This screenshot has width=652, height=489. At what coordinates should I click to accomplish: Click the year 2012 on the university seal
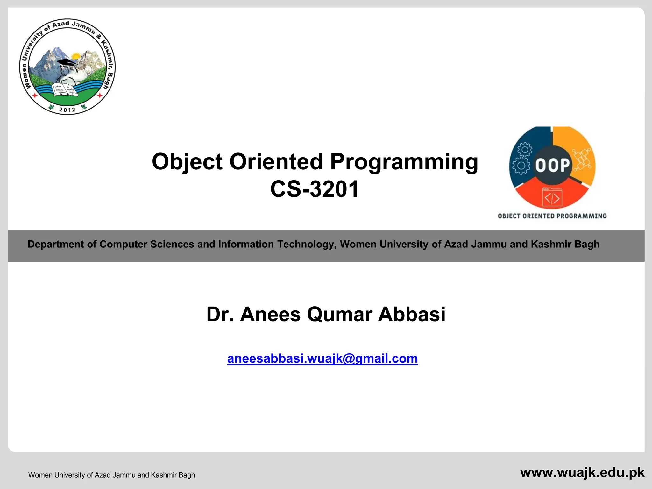(67, 110)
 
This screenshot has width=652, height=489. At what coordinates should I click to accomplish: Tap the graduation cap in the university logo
(67, 62)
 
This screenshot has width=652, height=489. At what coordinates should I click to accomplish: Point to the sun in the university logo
(76, 56)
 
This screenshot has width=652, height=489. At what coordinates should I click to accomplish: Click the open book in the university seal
(66, 90)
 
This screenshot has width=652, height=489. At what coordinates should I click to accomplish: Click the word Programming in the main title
(404, 162)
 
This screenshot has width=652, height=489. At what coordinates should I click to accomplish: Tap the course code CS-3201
(315, 189)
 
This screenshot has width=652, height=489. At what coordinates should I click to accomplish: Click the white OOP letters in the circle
(552, 166)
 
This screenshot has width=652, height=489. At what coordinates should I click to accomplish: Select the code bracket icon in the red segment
(552, 197)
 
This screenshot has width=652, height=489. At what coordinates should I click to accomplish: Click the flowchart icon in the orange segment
(582, 159)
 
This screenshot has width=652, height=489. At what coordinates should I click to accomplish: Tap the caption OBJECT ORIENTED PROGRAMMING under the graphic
(552, 216)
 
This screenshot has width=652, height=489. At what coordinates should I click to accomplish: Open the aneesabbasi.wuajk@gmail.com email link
(322, 359)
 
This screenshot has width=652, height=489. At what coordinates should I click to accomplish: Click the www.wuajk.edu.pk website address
(582, 472)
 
